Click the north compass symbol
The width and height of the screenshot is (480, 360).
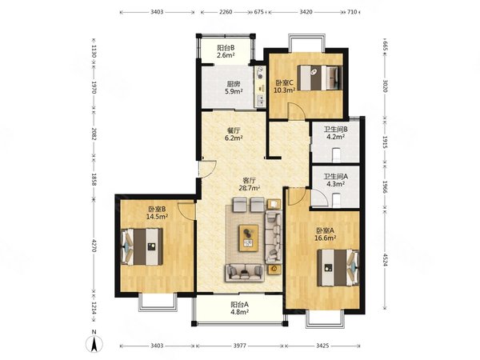pyautogui.click(x=94, y=343)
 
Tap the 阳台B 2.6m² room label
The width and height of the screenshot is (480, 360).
pyautogui.click(x=226, y=51)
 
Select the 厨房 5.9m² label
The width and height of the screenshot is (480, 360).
pyautogui.click(x=234, y=87)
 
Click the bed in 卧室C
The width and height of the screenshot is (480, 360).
pyautogui.click(x=319, y=78)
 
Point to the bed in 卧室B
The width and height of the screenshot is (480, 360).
pyautogui.click(x=142, y=246)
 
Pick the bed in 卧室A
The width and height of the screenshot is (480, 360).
pyautogui.click(x=338, y=268)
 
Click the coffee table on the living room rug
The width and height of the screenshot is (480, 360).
pyautogui.click(x=249, y=238)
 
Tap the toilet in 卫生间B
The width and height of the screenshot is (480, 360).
pyautogui.click(x=336, y=155)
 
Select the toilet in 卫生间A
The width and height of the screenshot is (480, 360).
pyautogui.click(x=336, y=200)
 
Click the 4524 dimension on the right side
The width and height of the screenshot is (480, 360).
pyautogui.click(x=385, y=259)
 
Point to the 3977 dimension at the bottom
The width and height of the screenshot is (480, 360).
pyautogui.click(x=240, y=346)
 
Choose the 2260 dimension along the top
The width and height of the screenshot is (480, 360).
pyautogui.click(x=226, y=12)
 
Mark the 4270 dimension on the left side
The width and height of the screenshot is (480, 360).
pyautogui.click(x=94, y=246)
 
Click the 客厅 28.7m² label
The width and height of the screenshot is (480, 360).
pyautogui.click(x=249, y=184)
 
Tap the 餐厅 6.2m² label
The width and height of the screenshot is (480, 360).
pyautogui.click(x=234, y=134)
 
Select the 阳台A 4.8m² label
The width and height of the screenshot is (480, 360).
pyautogui.click(x=239, y=308)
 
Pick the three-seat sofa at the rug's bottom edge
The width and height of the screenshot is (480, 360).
pyautogui.click(x=245, y=273)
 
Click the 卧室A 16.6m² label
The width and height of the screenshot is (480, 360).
pyautogui.click(x=326, y=234)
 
